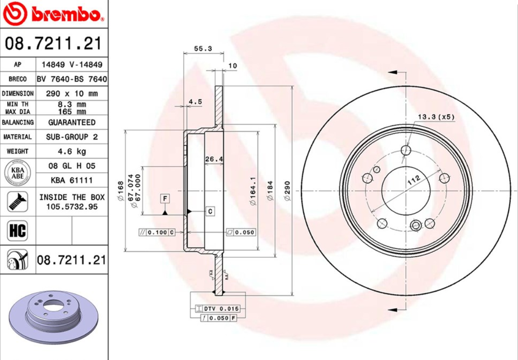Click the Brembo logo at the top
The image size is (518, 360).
point(54,14)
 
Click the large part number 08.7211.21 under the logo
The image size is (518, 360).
point(53,44)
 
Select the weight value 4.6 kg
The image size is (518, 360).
point(72,151)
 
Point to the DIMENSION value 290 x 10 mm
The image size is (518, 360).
point(72,94)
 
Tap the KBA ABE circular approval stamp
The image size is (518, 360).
point(17,173)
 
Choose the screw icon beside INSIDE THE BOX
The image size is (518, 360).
point(17,202)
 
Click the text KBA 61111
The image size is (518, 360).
point(72,180)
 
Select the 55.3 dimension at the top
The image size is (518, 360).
point(203,49)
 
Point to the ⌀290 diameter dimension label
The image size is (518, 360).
point(287,191)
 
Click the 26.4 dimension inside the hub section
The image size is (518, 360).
point(214,159)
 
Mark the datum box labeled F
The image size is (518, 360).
point(165,198)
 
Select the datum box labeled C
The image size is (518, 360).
point(209,211)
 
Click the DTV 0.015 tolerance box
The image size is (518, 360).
point(218,309)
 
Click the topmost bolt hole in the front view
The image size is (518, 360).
point(406,150)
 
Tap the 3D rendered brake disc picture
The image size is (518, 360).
point(53,318)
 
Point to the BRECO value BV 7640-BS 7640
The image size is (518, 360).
point(72,79)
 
